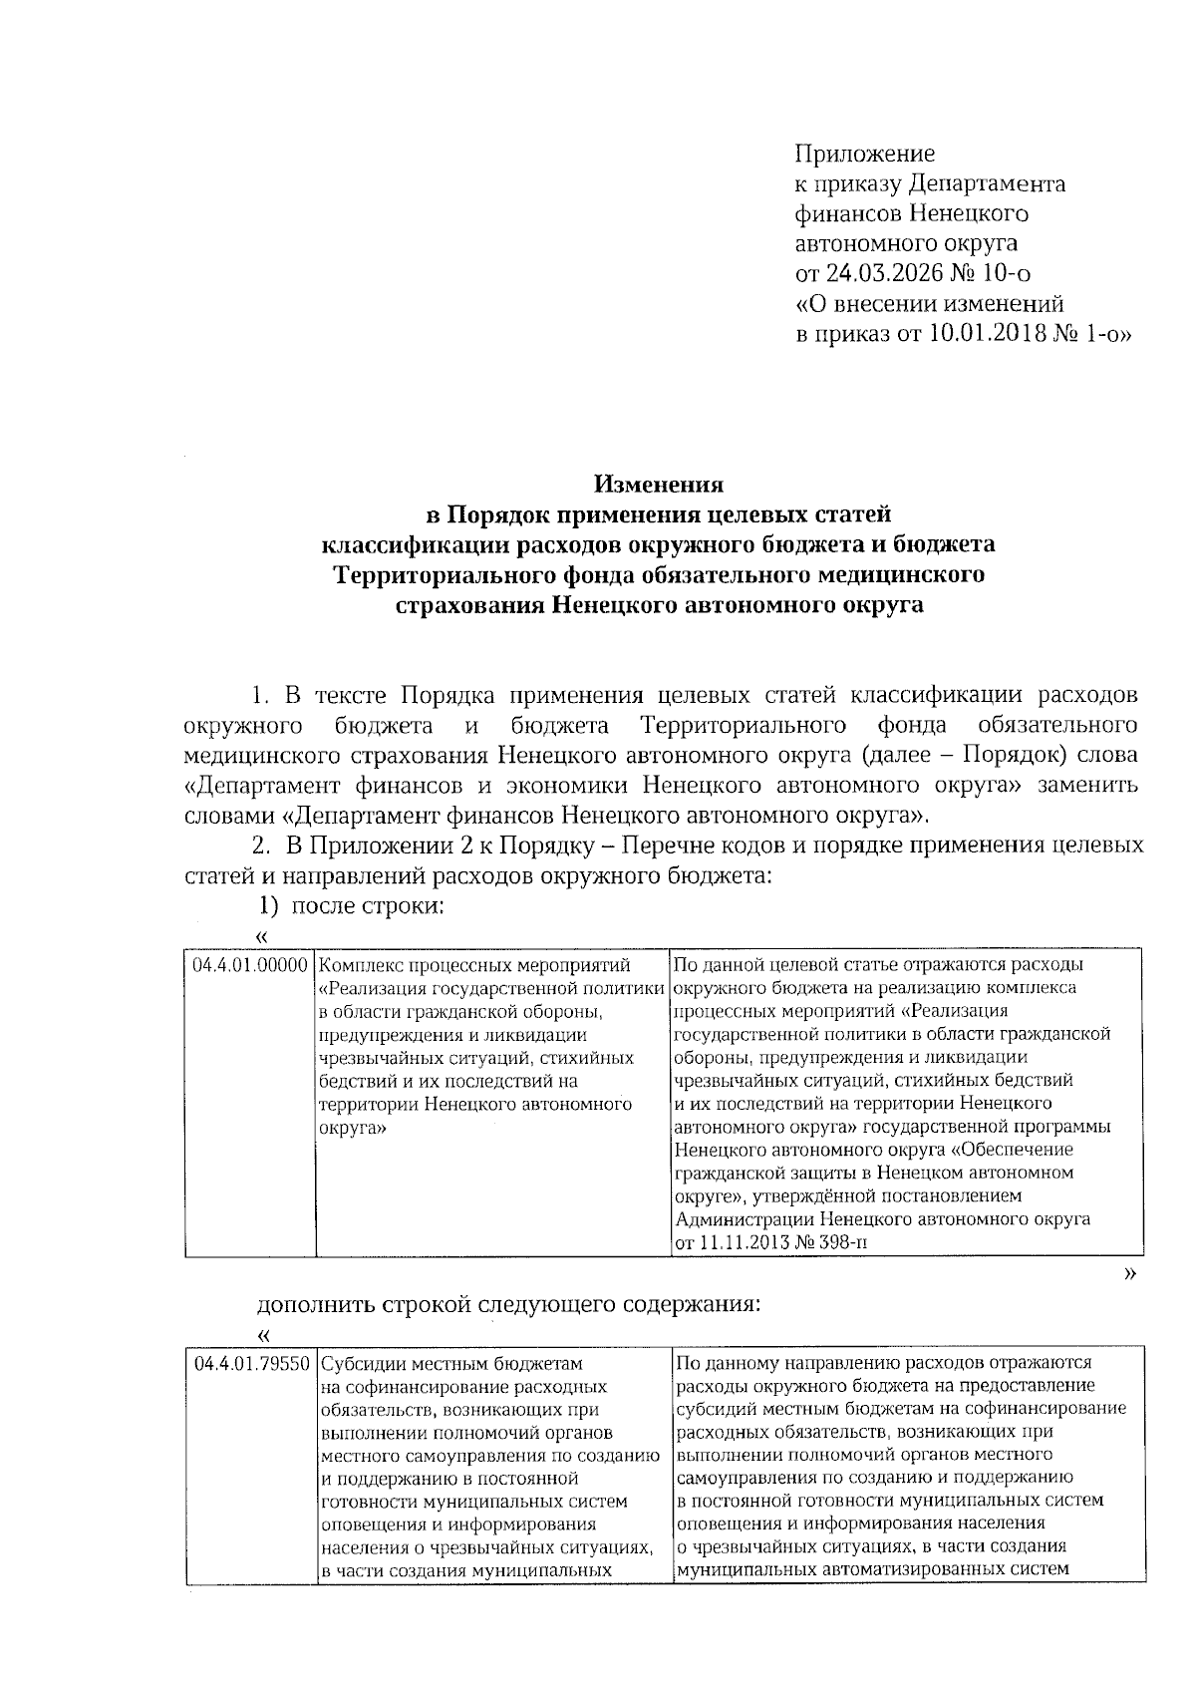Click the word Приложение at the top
point(864,154)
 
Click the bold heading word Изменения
point(658,485)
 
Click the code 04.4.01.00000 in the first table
point(249,965)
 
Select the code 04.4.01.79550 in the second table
point(253,1363)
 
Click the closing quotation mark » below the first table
point(1129,1274)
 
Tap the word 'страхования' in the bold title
point(465,605)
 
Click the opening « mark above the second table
point(263,1334)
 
